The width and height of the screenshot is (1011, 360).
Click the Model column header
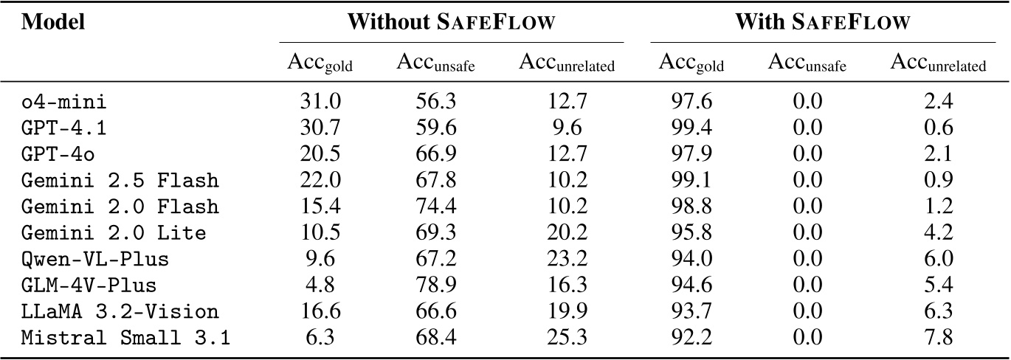pos(54,22)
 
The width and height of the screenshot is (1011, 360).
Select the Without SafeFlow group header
pos(451,22)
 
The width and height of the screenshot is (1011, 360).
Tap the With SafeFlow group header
pos(821,22)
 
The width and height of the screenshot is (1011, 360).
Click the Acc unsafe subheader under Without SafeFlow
pos(436,64)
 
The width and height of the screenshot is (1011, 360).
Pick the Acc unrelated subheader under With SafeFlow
pos(938,64)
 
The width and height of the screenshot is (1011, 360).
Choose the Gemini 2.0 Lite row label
pos(113,234)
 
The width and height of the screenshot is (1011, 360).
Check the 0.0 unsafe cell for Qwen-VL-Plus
pos(807,260)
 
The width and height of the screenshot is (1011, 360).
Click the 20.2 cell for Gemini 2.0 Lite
pos(566,234)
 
